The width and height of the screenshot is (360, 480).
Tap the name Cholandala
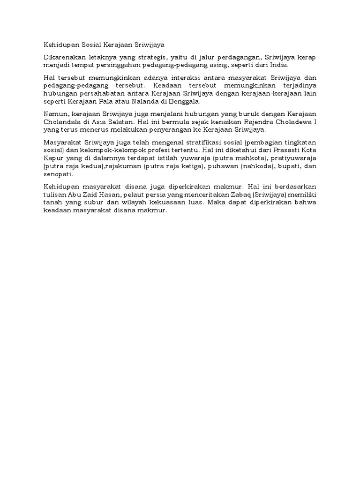(63, 121)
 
